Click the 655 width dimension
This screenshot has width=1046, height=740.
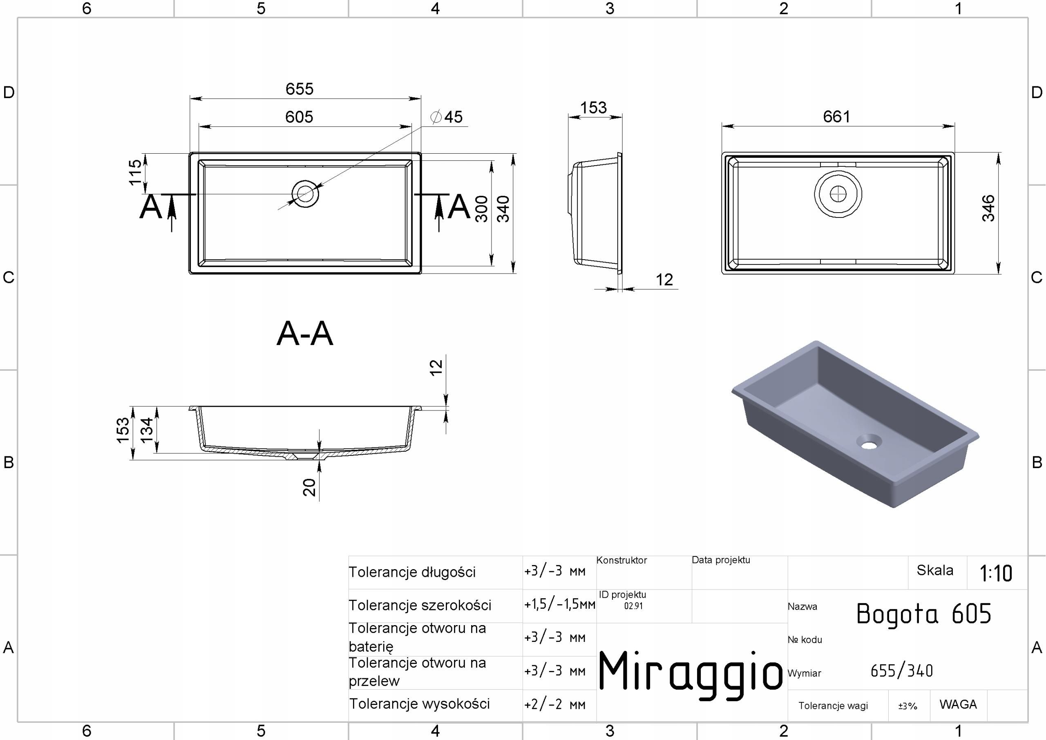coord(299,88)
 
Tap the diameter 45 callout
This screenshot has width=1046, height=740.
coord(447,117)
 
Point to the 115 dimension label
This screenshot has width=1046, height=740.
coord(135,173)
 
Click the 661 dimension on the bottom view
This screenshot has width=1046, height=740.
coord(836,116)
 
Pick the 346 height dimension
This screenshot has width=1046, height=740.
coord(988,208)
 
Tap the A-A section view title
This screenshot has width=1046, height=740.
coord(305,333)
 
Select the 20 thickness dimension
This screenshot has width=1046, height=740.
coord(309,487)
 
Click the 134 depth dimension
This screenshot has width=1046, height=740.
coord(147,430)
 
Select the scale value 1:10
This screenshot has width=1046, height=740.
coord(996,573)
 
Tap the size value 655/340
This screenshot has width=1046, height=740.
coord(902,670)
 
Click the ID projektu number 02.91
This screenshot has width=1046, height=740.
coord(633,606)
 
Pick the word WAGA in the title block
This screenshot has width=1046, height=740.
coord(958,704)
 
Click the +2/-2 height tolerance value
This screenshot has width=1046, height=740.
coord(555,704)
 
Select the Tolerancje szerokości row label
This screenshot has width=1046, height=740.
coord(420,605)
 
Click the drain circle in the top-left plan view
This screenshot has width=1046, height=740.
coord(305,194)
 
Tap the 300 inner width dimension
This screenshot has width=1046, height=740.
coord(482,209)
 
